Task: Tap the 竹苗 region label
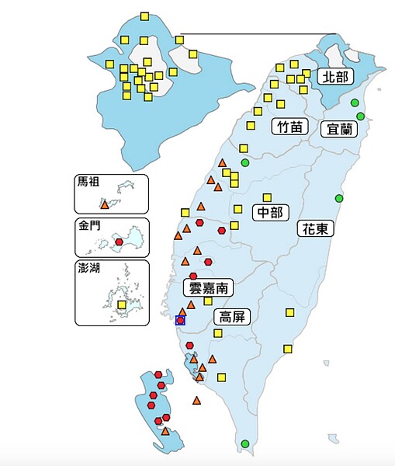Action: pyautogui.click(x=288, y=127)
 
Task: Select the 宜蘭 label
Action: pyautogui.click(x=339, y=128)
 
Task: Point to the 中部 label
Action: pyautogui.click(x=271, y=211)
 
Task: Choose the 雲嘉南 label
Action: pyautogui.click(x=208, y=287)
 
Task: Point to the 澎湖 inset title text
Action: pyautogui.click(x=88, y=269)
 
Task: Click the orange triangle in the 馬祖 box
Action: pyautogui.click(x=105, y=204)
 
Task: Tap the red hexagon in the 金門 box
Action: pyautogui.click(x=119, y=242)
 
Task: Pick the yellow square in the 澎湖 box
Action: pyautogui.click(x=121, y=305)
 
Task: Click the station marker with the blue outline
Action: pyautogui.click(x=181, y=320)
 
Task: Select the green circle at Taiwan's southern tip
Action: pyautogui.click(x=245, y=443)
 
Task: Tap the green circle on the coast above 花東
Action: pyautogui.click(x=338, y=199)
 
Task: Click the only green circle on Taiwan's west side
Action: pyautogui.click(x=245, y=162)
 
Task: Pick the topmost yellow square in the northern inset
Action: pyautogui.click(x=144, y=16)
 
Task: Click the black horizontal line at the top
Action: pyautogui.click(x=256, y=34)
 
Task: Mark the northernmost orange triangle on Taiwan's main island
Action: pyautogui.click(x=223, y=162)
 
